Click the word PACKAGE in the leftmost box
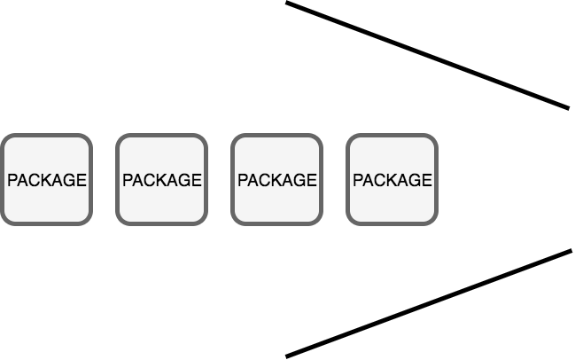point(46,180)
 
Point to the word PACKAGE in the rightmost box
point(392,180)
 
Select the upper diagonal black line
point(427,56)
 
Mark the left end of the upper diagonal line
point(287,4)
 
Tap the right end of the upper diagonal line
point(567,108)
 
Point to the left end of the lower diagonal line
point(287,356)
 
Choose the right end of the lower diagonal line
point(571,251)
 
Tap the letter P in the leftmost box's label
point(12,180)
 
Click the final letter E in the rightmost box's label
point(427,180)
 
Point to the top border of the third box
point(276,136)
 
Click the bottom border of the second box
point(161,223)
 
